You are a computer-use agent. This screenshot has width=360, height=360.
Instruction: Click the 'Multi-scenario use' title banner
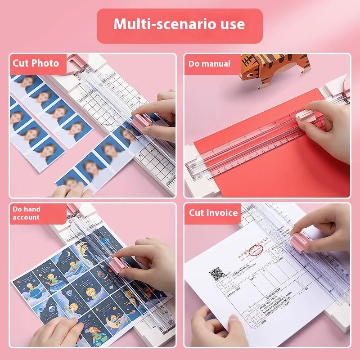point(180,24)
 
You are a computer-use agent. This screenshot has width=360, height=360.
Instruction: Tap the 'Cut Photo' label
point(36,63)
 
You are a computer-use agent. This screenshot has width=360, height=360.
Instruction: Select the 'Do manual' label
point(209,64)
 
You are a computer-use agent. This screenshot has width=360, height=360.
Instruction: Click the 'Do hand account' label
point(27,213)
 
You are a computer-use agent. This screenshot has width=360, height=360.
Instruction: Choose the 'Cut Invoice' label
point(213,213)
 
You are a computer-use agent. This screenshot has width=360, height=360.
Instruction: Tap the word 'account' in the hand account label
point(26,217)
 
